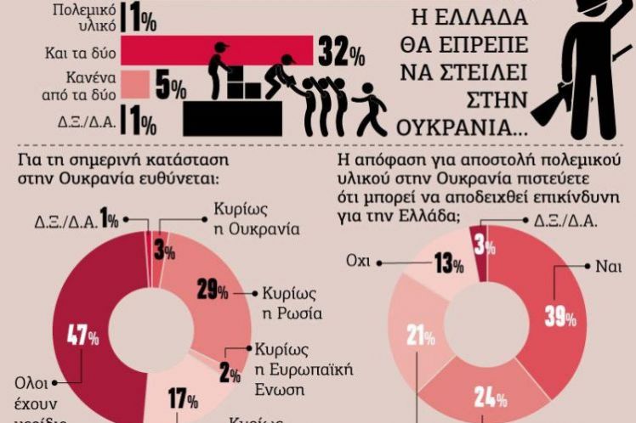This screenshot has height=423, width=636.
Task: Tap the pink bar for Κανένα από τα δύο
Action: [135, 84]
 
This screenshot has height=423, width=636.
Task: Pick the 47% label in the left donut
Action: [82, 336]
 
